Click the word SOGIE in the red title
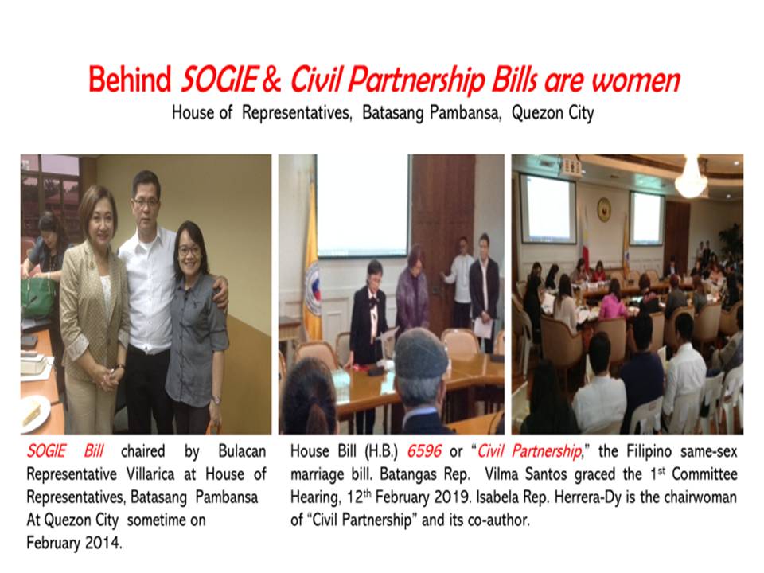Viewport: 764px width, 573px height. coord(218,80)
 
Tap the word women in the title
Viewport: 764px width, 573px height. coord(636,80)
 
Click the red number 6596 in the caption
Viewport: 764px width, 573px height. coord(424,451)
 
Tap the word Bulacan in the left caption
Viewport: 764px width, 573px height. coord(242,451)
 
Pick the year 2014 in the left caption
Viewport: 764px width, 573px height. coord(103,543)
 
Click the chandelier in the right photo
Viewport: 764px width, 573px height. coord(692,177)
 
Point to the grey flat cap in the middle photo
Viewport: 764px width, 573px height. coord(421,353)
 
